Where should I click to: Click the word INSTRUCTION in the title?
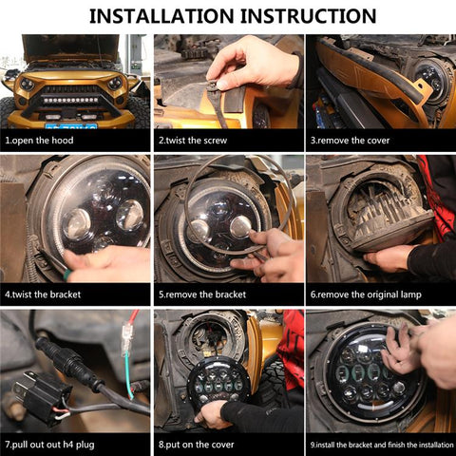(x=308, y=16)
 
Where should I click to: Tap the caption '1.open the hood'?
(x=40, y=141)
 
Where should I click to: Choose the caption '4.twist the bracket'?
(x=43, y=294)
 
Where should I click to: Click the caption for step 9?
(x=380, y=445)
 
